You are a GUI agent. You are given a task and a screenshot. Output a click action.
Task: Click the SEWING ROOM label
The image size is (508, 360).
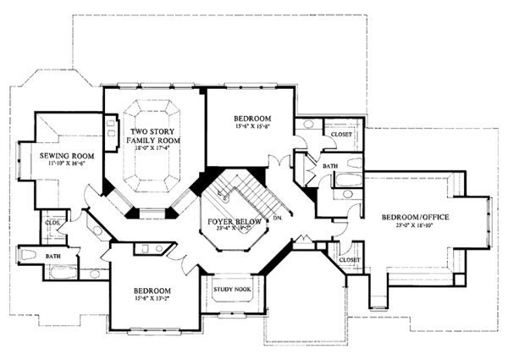(x=59, y=157)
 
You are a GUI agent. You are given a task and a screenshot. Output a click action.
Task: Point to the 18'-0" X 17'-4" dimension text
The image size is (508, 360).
(x=152, y=149)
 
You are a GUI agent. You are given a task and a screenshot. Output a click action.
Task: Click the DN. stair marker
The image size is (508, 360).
(x=277, y=219)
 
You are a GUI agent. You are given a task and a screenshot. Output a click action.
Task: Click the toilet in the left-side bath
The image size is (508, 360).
(x=26, y=253)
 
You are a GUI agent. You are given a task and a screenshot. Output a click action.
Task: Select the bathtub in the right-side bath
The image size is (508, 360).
(x=346, y=179)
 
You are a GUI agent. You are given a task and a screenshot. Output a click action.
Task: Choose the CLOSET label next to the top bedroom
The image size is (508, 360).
(x=341, y=134)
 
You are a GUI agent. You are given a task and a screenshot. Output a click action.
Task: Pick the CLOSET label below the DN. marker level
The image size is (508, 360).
(x=349, y=259)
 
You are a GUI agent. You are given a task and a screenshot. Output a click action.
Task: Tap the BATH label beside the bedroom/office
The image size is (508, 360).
(x=330, y=167)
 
